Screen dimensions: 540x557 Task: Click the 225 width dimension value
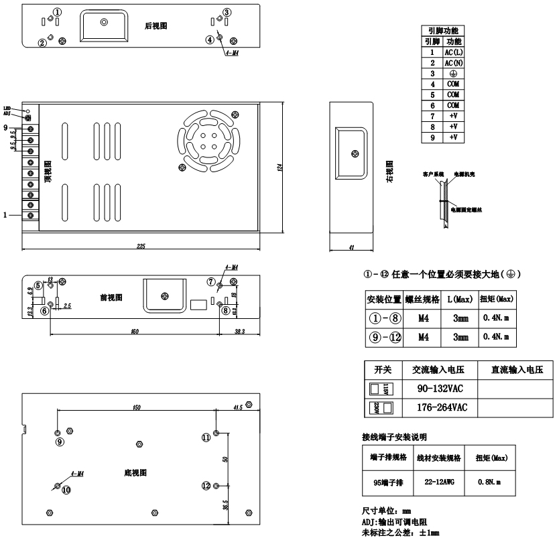(141, 247)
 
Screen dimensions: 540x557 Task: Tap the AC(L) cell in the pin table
(452, 52)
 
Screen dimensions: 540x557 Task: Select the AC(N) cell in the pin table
(452, 62)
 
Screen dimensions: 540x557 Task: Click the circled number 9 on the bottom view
(60, 442)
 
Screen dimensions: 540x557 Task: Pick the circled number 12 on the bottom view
(206, 484)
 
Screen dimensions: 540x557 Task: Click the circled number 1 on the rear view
(58, 12)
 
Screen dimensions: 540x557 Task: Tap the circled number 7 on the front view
(211, 281)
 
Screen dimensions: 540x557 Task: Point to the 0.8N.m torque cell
(490, 481)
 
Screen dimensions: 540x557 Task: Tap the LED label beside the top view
(7, 108)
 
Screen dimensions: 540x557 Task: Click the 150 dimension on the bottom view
(137, 407)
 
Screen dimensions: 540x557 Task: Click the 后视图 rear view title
(156, 26)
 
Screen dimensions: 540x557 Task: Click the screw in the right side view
(355, 155)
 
